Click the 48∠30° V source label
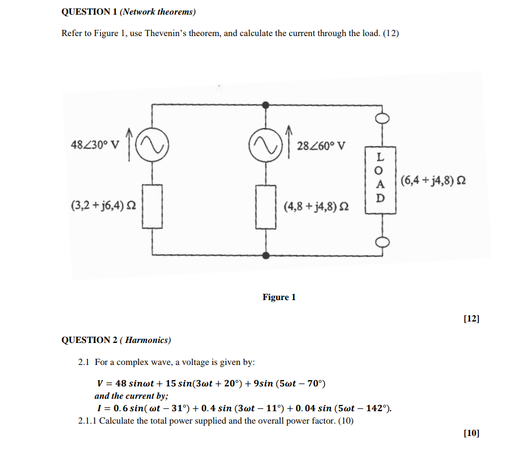95,144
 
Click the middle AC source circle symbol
265,146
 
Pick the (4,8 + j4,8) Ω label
316,207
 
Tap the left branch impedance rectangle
152,205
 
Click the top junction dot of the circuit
265,104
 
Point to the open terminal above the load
381,118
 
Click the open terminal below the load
381,242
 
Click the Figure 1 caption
279,297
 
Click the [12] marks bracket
471,319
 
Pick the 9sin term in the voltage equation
264,384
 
